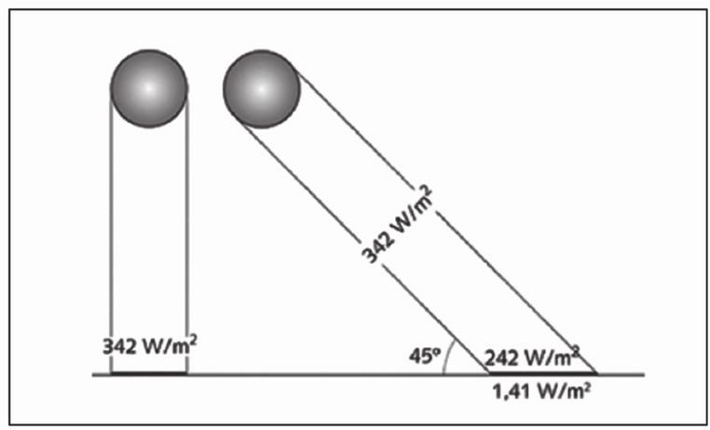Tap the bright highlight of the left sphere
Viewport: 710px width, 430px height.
click(147, 85)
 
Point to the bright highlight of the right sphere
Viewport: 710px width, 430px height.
click(261, 86)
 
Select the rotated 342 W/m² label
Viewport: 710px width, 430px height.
click(396, 225)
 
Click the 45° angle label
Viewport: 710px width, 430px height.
click(423, 355)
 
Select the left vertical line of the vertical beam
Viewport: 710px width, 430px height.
click(110, 233)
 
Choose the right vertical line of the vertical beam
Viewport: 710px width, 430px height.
click(186, 233)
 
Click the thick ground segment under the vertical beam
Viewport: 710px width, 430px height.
click(148, 374)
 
